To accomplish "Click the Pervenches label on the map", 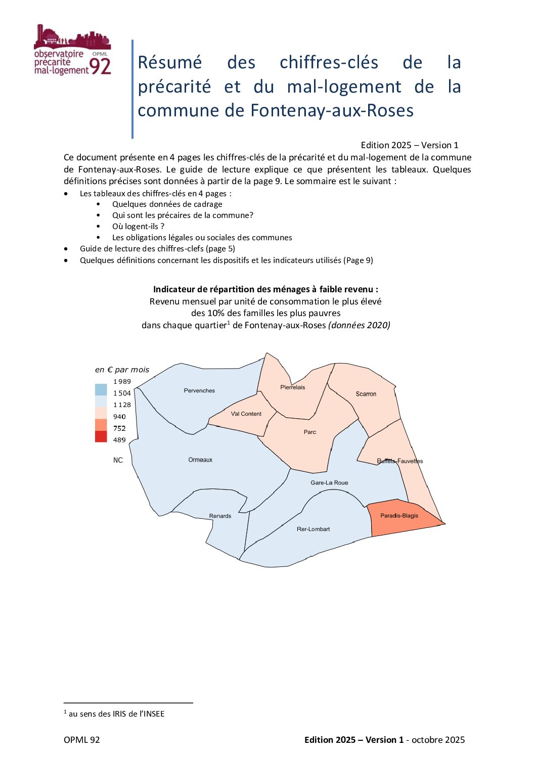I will [199, 390].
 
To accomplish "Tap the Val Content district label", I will [246, 414].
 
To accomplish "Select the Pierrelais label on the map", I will [293, 387].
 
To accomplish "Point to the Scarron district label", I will [366, 394].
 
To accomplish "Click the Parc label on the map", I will [310, 432].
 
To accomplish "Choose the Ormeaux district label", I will [200, 460].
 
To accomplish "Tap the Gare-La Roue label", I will [329, 482].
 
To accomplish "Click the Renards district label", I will [220, 516].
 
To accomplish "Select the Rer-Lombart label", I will [313, 529].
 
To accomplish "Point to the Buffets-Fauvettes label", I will [400, 461].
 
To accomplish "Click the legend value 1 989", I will [122, 381].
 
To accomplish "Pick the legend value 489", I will [119, 440].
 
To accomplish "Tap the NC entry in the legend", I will [118, 460].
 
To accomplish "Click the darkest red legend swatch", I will [101, 436].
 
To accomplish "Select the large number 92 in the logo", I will [100, 66].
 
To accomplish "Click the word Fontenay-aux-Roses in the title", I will [332, 110].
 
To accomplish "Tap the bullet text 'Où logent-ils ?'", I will [138, 226].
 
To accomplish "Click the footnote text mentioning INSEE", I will [116, 714].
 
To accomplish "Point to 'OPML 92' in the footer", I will [82, 740].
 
